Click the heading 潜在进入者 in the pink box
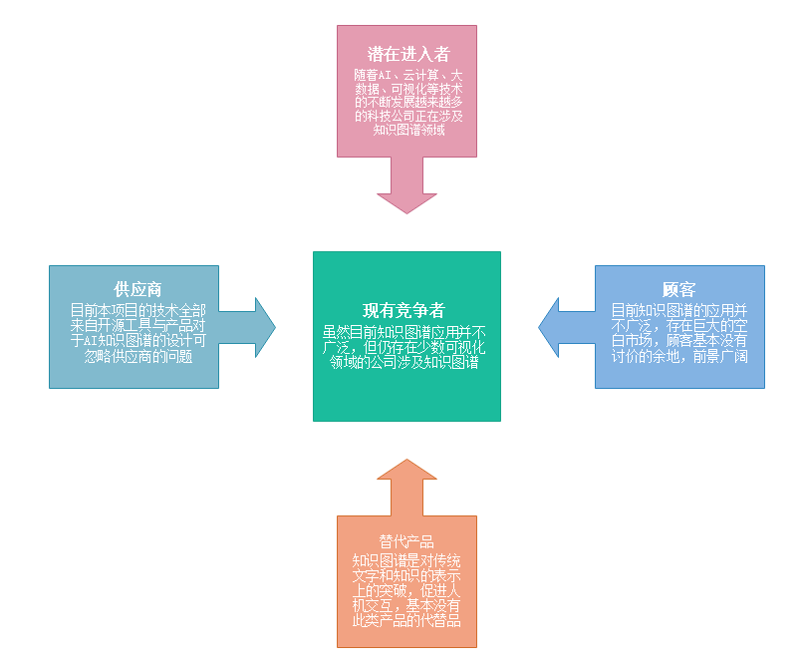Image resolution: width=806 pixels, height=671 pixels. click(x=407, y=54)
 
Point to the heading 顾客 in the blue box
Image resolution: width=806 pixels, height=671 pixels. click(x=678, y=289)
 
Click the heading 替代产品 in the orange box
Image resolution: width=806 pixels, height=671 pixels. click(x=406, y=541)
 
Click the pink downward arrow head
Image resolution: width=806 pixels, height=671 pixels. click(x=406, y=196)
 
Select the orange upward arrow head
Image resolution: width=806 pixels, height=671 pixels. click(x=406, y=476)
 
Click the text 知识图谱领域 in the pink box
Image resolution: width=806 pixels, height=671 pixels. click(x=406, y=130)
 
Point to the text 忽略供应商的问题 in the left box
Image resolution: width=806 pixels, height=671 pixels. click(x=134, y=356)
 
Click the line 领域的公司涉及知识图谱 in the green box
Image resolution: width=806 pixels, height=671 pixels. click(x=406, y=363)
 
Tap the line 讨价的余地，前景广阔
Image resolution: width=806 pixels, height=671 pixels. click(x=679, y=356)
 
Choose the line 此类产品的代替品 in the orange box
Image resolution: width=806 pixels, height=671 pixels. click(x=406, y=620)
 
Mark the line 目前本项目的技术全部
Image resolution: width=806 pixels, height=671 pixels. click(x=134, y=309)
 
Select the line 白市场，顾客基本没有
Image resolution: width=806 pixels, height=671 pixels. click(x=679, y=340)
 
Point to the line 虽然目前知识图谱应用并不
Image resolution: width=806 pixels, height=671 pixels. click(x=406, y=331)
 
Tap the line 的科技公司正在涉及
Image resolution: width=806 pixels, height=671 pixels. click(x=406, y=116)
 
